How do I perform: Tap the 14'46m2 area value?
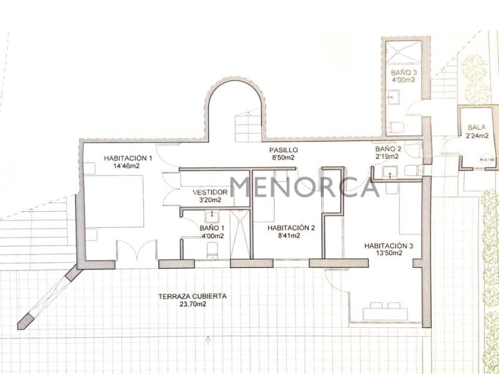[x=126, y=167]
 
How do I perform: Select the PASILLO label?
[x=283, y=150]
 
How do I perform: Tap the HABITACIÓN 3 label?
[x=389, y=246]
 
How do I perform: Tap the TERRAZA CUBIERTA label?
[x=192, y=297]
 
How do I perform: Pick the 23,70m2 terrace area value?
[x=192, y=305]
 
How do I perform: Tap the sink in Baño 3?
[x=390, y=97]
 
